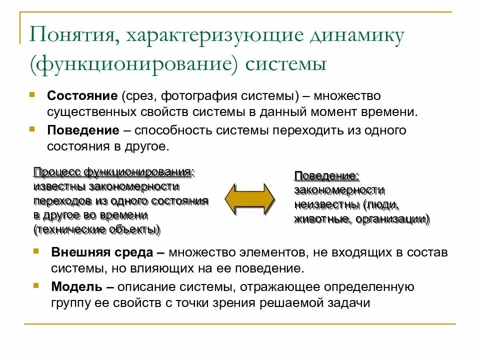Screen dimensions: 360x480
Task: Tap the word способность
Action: (174, 130)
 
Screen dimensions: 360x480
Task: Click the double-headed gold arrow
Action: (249, 199)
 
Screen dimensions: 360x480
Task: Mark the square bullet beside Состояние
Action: (32, 93)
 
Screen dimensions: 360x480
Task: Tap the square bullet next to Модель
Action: (35, 285)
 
